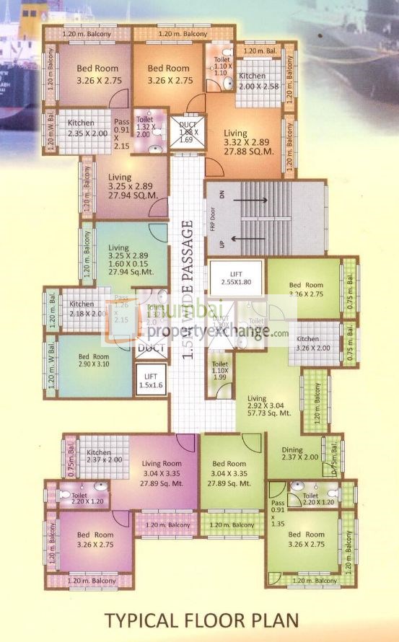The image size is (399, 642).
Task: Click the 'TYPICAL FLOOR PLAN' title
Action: [x=201, y=620]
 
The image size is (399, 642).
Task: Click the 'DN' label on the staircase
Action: [x=223, y=193]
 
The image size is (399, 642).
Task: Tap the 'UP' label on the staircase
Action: [x=223, y=244]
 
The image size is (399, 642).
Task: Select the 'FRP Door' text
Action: [x=213, y=219]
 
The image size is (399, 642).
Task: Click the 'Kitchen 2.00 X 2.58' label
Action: [x=253, y=81]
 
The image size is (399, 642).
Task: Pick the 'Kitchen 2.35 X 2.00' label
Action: [x=82, y=128]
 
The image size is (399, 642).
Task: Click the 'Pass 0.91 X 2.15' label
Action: [x=121, y=134]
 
